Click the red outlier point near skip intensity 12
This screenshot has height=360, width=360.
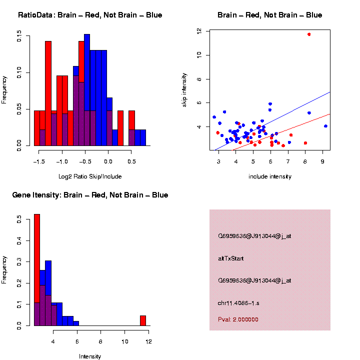[309, 34]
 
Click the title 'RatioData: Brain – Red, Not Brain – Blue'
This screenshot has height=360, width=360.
[90, 15]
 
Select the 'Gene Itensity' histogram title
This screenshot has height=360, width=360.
[90, 195]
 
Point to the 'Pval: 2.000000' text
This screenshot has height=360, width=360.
[238, 319]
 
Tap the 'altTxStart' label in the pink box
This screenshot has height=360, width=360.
[231, 258]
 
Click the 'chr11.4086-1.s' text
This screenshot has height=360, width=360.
[239, 303]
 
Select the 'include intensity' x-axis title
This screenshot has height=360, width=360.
[270, 176]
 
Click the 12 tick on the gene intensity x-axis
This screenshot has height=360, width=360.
[148, 341]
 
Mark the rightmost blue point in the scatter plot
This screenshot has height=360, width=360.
[325, 126]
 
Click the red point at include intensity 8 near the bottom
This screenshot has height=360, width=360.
[305, 143]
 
